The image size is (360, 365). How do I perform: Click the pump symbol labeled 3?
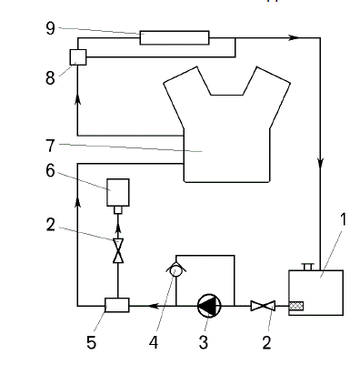point(209,306)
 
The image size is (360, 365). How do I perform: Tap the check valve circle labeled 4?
point(175,270)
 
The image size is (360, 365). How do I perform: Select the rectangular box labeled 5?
point(116,305)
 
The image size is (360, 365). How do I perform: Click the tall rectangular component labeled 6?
point(118,192)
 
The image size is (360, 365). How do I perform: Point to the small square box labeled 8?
point(78,57)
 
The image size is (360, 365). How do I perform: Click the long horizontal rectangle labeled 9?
point(175,37)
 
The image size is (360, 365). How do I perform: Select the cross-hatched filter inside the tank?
point(296,306)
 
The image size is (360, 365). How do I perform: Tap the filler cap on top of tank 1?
point(308,267)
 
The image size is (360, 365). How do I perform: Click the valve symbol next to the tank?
point(263,306)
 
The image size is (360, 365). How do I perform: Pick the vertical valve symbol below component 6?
point(118,250)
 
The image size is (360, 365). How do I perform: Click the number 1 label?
point(343,219)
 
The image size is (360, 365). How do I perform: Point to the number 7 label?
point(50,146)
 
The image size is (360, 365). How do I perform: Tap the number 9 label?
point(51,28)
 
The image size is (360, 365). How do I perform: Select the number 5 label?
point(91,342)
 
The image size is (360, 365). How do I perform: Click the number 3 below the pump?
point(203,342)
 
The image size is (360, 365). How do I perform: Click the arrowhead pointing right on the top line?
point(293,37)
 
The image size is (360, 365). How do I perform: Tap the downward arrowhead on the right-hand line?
point(320,162)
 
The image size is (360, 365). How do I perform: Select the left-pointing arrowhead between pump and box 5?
point(154,306)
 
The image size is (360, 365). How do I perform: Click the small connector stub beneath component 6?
point(118,210)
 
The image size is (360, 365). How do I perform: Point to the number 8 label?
point(50,78)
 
